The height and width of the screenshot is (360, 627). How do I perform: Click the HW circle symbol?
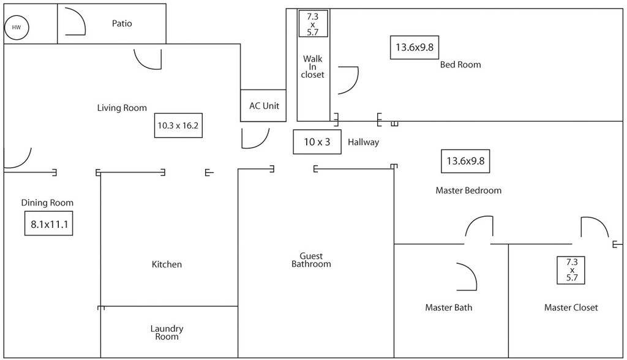click(x=17, y=28)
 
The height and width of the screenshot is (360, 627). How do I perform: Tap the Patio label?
click(x=122, y=24)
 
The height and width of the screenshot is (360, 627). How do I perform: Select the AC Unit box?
click(x=264, y=106)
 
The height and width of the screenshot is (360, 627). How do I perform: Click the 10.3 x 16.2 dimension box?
click(x=178, y=126)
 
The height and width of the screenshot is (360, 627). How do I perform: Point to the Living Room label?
click(x=122, y=108)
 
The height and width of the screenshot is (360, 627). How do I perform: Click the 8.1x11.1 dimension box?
click(x=48, y=224)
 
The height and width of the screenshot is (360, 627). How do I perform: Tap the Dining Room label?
click(x=47, y=203)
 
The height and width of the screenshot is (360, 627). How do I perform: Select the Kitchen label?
click(x=167, y=264)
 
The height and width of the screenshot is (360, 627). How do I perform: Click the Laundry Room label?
click(x=167, y=332)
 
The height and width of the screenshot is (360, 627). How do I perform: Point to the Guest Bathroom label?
click(x=311, y=260)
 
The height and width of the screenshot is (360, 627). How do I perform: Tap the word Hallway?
click(x=363, y=142)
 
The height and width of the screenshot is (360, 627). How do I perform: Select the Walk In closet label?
click(x=312, y=67)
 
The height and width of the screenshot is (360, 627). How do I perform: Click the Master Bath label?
click(x=448, y=307)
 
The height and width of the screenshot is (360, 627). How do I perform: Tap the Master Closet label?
click(x=571, y=307)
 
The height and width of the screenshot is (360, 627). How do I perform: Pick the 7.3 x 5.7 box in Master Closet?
click(x=572, y=270)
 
